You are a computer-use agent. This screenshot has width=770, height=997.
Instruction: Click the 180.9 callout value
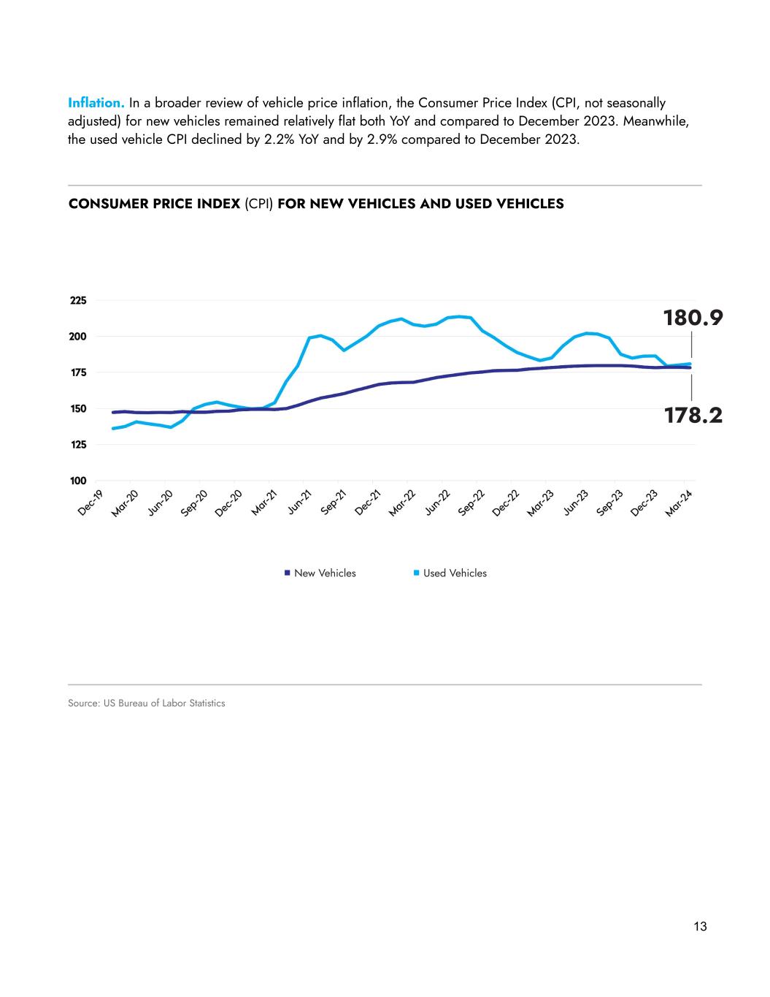click(692, 318)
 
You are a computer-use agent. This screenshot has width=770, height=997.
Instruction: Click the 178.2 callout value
click(692, 416)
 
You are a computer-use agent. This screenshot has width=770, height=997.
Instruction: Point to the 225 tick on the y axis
click(78, 300)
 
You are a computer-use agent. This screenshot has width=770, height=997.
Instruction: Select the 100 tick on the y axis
click(78, 481)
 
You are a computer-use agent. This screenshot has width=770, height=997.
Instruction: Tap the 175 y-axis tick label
click(78, 373)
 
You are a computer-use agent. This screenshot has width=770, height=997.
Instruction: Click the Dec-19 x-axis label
click(91, 503)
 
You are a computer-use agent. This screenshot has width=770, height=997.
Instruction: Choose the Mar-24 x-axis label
click(679, 503)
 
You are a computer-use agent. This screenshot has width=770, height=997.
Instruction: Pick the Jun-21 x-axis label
click(299, 503)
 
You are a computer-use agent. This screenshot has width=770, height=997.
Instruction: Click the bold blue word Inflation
click(96, 103)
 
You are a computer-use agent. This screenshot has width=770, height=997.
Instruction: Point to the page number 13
click(700, 927)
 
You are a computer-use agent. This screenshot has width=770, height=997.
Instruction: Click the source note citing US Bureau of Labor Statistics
click(147, 703)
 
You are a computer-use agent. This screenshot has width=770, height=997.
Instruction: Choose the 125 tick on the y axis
click(78, 445)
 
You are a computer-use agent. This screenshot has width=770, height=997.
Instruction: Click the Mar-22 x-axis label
click(401, 503)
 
